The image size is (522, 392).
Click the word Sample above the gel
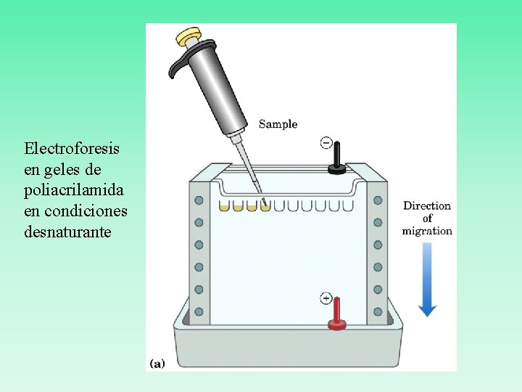278,124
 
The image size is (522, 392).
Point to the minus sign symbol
326,143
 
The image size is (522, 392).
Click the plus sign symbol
326,298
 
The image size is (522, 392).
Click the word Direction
427,205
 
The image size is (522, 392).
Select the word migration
427,231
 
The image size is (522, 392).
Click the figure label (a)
157,362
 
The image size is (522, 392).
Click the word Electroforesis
72,149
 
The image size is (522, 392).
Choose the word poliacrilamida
74,190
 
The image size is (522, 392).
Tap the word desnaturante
68,232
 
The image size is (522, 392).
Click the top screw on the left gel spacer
199,200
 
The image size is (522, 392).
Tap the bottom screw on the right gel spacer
378,311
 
